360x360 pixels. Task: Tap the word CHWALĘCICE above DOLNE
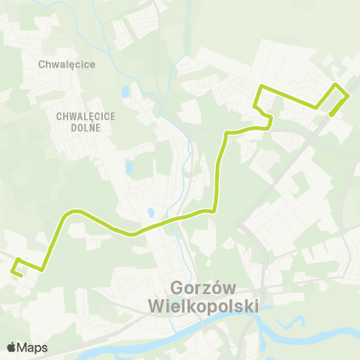tap(83, 116)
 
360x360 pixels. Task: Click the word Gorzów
tap(204, 288)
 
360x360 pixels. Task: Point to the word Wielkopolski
tap(203, 307)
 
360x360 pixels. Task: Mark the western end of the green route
tap(19, 274)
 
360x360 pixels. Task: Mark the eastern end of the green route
tap(331, 115)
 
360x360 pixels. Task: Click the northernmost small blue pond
tap(124, 92)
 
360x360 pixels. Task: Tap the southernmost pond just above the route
tap(150, 213)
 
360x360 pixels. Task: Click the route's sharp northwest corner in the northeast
tap(260, 88)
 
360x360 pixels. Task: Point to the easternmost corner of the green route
tap(348, 97)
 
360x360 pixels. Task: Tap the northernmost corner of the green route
tap(335, 83)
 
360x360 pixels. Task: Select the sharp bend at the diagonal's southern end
tap(42, 268)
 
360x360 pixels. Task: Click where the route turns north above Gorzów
tap(215, 210)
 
